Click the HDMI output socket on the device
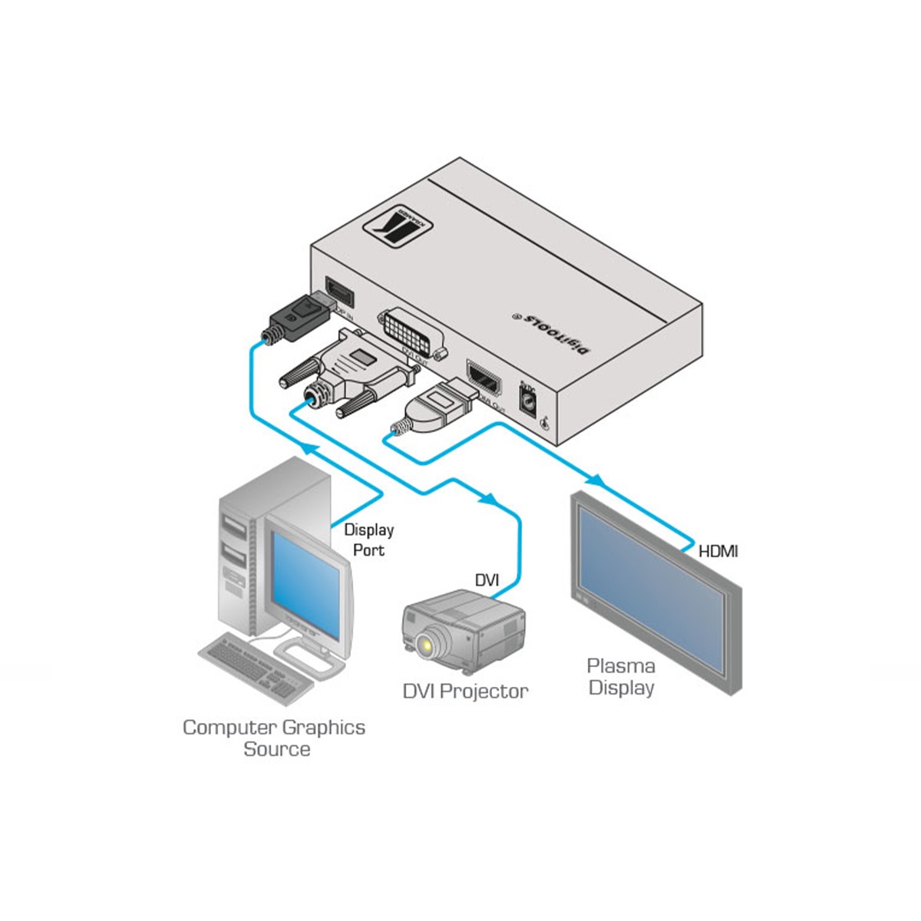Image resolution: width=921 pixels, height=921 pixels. point(485,379)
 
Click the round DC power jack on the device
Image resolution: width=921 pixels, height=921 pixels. point(528,400)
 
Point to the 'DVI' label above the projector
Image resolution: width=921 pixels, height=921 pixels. point(487,579)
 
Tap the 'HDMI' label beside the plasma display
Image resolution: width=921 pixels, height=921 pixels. point(718,550)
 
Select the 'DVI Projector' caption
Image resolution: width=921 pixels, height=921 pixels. point(466,691)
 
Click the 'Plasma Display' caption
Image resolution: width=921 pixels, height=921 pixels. point(621,676)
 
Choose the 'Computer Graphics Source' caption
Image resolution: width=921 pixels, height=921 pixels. point(274,738)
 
